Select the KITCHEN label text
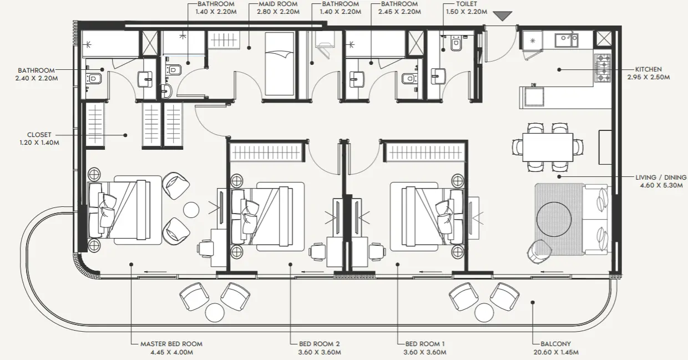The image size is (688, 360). click(x=648, y=69)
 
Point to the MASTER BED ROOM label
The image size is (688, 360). click(x=171, y=344)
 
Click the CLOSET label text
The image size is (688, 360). click(x=39, y=134)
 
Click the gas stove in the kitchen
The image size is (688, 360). click(x=603, y=68)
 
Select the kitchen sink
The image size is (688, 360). click(x=568, y=39)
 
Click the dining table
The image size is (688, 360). click(x=548, y=147)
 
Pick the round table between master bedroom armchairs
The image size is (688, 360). click(x=191, y=209)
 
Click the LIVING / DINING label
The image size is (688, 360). click(x=661, y=177)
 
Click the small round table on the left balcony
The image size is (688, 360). click(x=214, y=312)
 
